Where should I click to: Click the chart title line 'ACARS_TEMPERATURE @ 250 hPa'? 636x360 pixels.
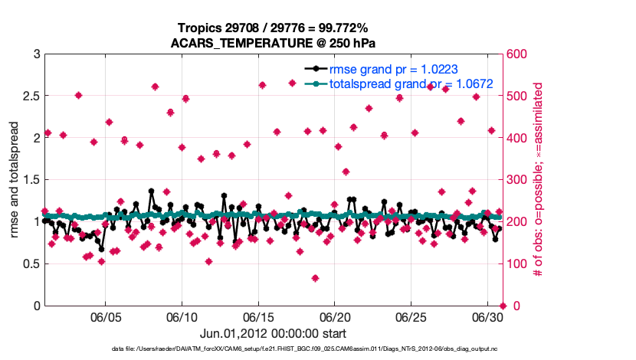pos(276,43)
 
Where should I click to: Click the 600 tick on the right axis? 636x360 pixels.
pos(521,54)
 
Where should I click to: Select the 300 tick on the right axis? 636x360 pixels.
pos(521,180)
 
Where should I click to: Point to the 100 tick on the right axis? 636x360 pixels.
pos(521,264)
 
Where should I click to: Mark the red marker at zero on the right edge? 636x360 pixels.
pos(503,306)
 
